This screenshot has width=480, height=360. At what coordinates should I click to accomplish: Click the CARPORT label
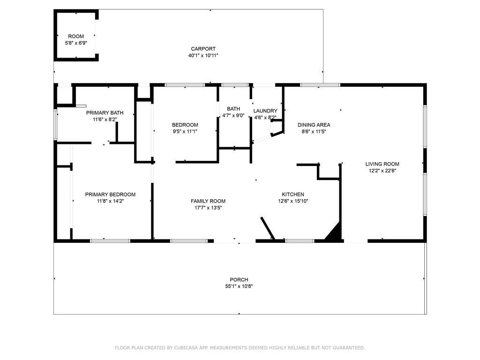click(203, 49)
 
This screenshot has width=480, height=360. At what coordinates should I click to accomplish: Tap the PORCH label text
click(239, 279)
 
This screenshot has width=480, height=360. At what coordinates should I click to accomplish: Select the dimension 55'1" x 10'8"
click(239, 286)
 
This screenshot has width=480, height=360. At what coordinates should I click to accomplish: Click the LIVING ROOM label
click(382, 164)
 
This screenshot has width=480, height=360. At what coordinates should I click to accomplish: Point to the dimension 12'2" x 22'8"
click(382, 171)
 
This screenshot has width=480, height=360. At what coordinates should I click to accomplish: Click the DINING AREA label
click(314, 125)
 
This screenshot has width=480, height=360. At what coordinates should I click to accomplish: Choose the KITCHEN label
click(293, 195)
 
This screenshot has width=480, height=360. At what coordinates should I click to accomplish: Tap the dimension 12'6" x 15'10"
click(293, 201)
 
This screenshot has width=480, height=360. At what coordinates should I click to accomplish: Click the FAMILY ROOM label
click(208, 201)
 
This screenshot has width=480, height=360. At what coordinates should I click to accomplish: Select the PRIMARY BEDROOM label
click(110, 195)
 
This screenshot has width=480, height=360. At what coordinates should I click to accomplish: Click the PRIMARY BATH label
click(105, 112)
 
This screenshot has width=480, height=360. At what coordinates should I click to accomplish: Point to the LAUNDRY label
click(265, 111)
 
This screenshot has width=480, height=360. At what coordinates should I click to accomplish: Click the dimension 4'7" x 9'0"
click(233, 115)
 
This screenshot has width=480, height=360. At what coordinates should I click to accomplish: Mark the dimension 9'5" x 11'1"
click(185, 132)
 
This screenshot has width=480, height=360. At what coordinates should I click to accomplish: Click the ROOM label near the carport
click(76, 37)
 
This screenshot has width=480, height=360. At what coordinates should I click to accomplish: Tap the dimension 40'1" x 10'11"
click(203, 55)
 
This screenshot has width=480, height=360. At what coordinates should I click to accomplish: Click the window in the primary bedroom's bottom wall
click(110, 241)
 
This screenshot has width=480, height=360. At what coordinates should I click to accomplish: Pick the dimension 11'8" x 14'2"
click(110, 201)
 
